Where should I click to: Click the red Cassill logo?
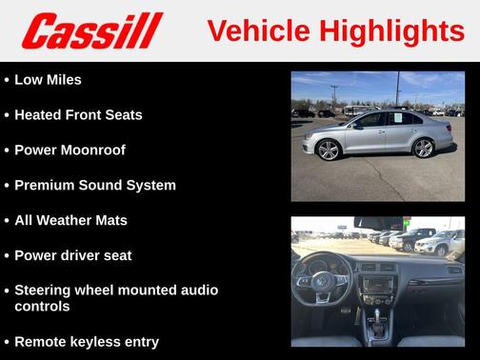(x=93, y=30)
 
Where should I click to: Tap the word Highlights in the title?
(x=391, y=31)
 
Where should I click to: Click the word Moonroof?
(x=92, y=150)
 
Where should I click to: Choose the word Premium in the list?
(x=45, y=186)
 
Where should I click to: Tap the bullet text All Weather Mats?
(x=70, y=221)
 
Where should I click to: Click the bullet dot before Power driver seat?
(x=7, y=256)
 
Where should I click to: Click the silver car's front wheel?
(x=330, y=149)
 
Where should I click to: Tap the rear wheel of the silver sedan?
(x=423, y=147)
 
